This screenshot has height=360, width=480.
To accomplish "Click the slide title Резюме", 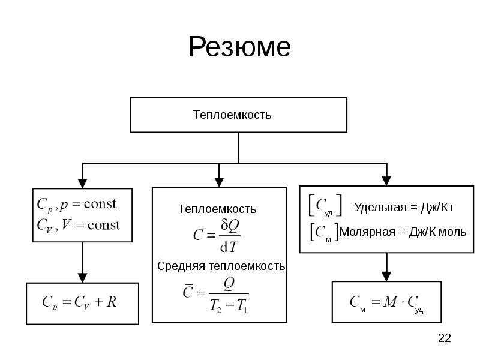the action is (x=239, y=47).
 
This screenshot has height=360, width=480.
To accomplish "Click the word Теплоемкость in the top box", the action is (x=232, y=115).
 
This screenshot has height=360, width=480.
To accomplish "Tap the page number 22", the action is (x=445, y=338).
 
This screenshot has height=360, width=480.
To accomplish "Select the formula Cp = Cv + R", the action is (x=80, y=302).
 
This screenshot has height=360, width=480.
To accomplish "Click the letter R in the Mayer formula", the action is (x=112, y=302).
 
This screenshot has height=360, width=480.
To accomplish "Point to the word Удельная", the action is (x=380, y=208).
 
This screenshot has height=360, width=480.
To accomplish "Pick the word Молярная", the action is (x=367, y=232).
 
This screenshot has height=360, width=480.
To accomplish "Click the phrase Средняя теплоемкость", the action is (x=221, y=266).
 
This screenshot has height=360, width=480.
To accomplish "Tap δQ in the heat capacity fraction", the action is (x=230, y=227).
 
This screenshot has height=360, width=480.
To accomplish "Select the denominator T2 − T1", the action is (x=229, y=306).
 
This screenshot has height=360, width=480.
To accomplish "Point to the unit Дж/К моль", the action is (x=438, y=232).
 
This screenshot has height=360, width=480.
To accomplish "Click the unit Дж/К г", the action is (x=438, y=208).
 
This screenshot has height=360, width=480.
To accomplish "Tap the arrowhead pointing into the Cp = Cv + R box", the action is (x=82, y=278).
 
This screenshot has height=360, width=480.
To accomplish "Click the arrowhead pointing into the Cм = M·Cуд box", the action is (x=386, y=277).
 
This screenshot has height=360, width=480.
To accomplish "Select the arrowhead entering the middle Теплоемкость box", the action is (x=219, y=182).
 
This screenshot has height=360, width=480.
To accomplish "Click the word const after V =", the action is (x=104, y=226).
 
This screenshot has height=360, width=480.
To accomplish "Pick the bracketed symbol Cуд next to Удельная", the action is (x=325, y=206).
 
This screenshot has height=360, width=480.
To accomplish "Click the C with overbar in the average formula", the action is (x=188, y=292).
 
